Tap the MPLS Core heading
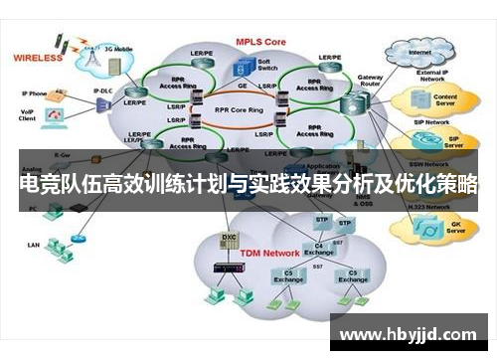pos(262,43)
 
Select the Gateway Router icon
pos(352,103)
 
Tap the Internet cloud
pos(420,52)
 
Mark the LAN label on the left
pos(33,243)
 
